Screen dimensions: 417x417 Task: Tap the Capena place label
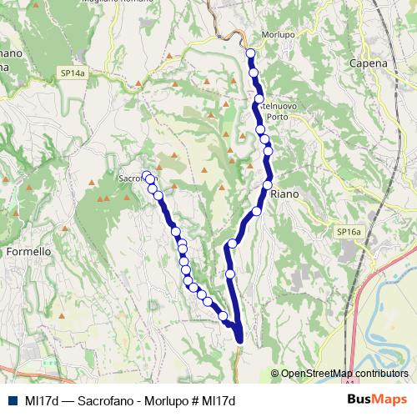tap(369, 63)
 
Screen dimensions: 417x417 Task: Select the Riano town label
tap(284, 193)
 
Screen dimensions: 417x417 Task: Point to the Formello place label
tap(29, 250)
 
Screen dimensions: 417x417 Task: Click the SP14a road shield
tap(73, 73)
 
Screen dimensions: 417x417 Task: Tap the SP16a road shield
tap(350, 231)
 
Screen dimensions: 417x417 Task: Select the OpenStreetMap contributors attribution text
tap(344, 374)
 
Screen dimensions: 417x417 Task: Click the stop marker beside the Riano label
tap(268, 184)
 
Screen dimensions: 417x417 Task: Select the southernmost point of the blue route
tap(240, 339)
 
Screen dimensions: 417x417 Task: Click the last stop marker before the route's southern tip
tap(224, 315)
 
